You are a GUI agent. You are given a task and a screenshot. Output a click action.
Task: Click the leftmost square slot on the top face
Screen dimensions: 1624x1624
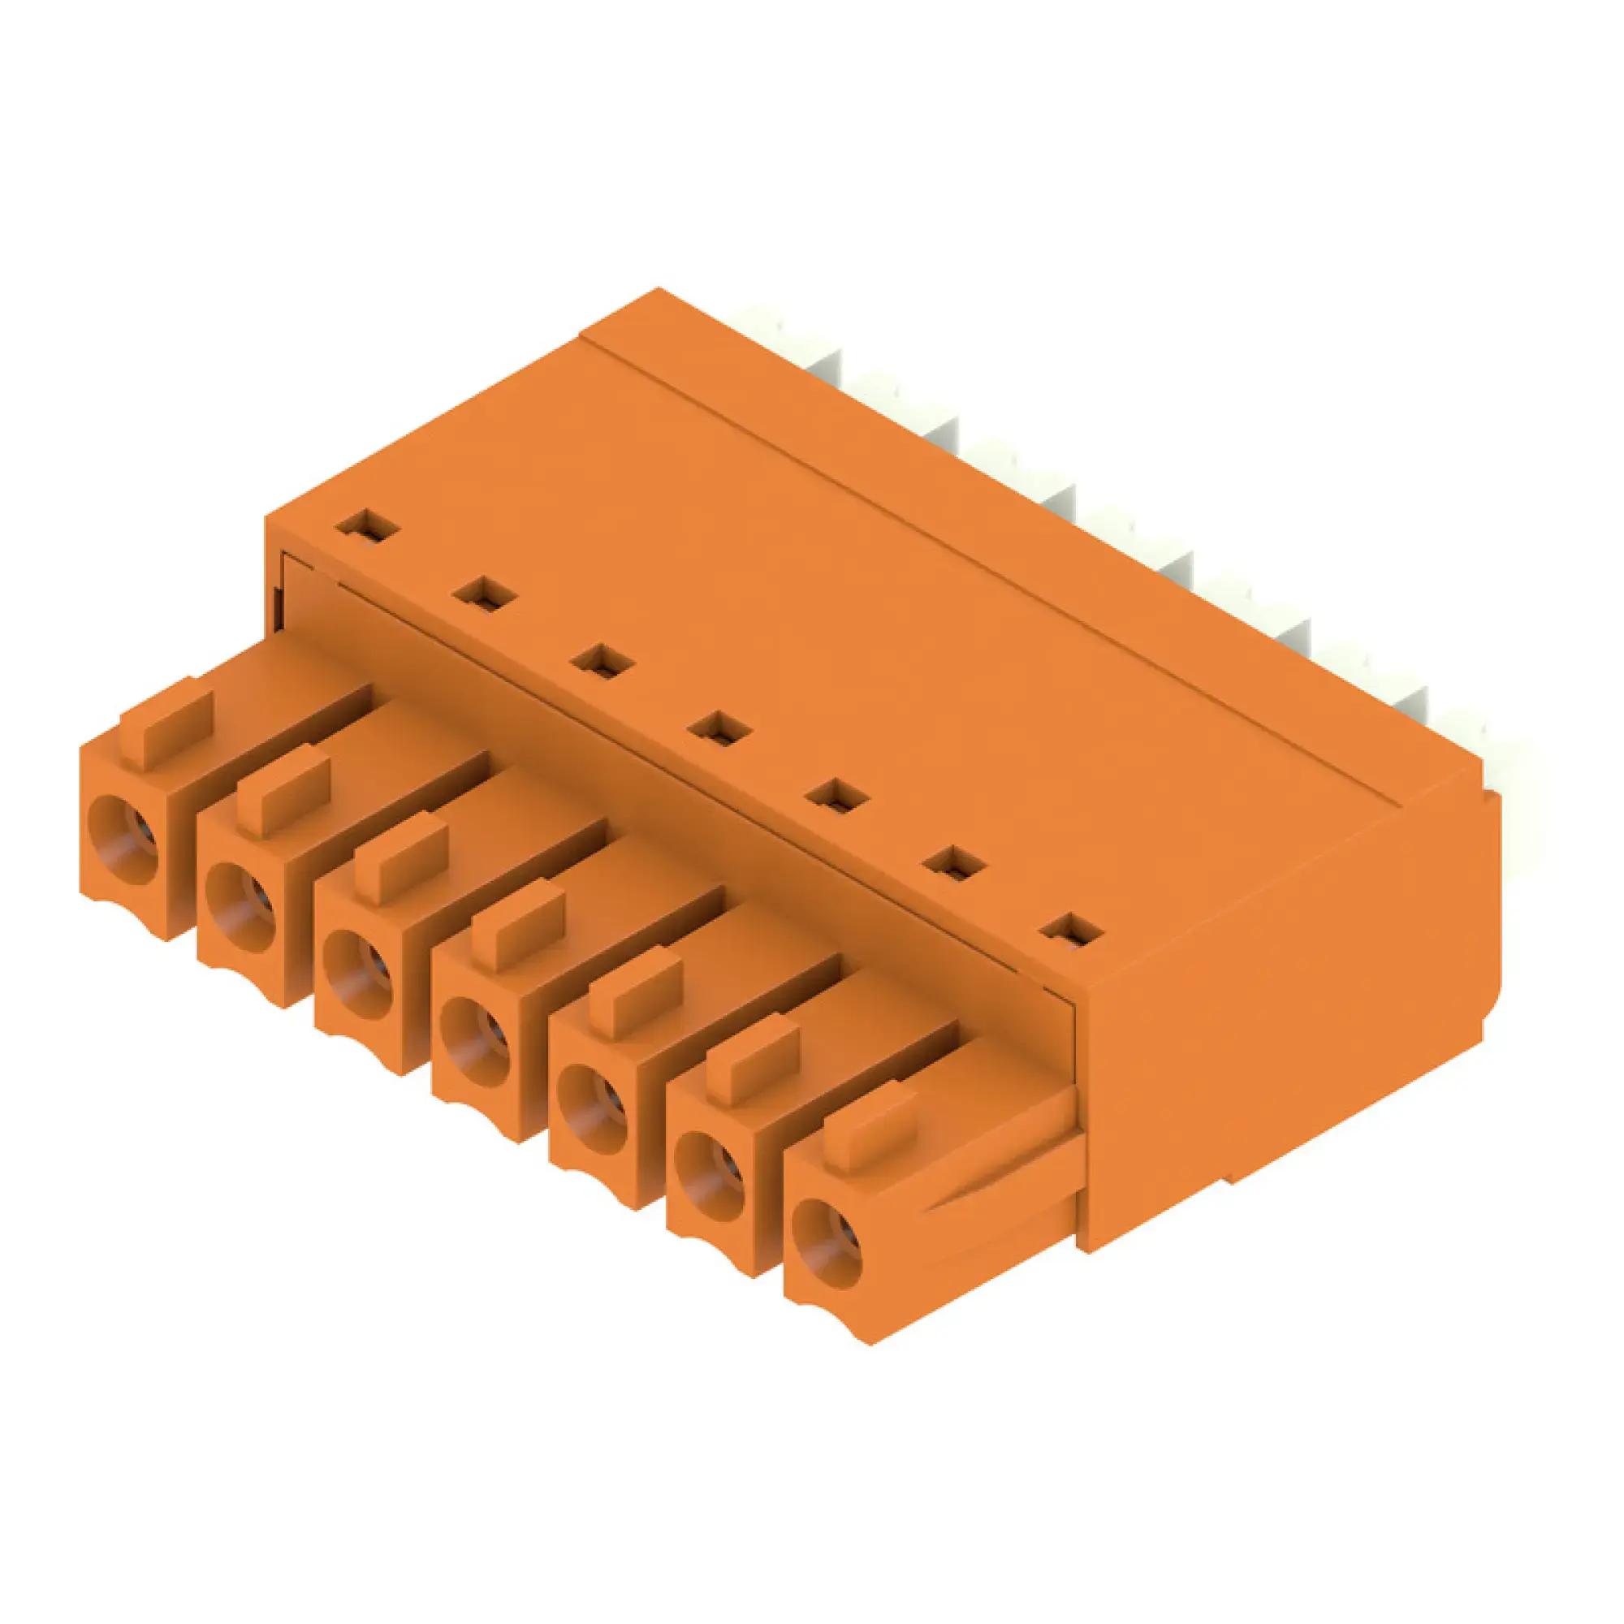(367, 528)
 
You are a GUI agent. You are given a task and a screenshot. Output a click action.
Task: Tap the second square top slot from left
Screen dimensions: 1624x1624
(484, 595)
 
